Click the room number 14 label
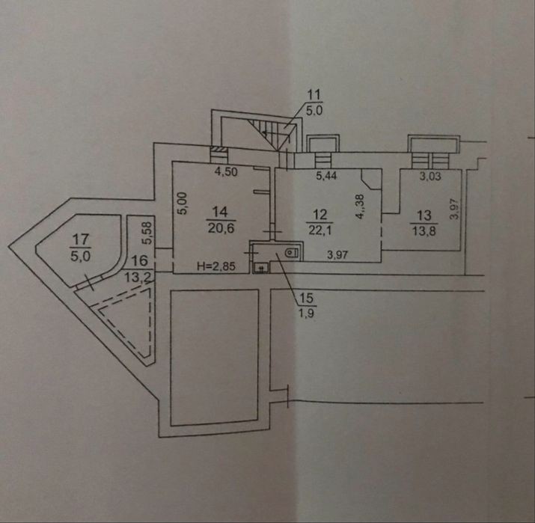220,212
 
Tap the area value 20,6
221,227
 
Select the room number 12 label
320,215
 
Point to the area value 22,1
319,230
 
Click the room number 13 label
424,215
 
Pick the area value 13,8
424,231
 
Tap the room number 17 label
81,239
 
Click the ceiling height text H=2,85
216,266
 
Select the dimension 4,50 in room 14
226,171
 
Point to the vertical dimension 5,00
183,204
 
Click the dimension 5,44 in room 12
326,175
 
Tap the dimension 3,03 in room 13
430,176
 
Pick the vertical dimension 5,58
147,233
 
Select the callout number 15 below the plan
306,298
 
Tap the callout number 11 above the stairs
314,94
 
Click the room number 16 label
139,260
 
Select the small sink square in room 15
261,268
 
